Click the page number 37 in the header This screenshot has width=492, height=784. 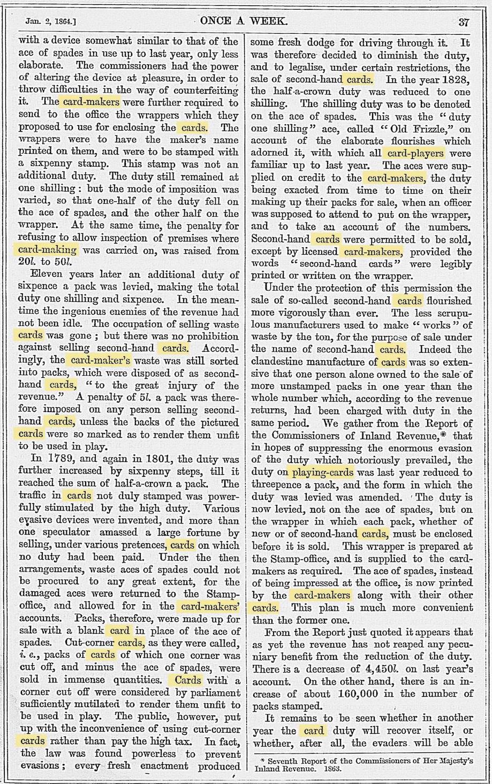(464, 22)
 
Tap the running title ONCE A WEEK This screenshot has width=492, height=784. (244, 22)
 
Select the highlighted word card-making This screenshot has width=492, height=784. (48, 250)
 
